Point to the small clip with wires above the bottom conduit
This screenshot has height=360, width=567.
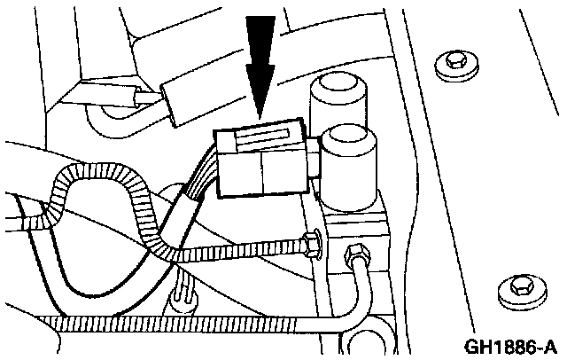pos(183,289)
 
